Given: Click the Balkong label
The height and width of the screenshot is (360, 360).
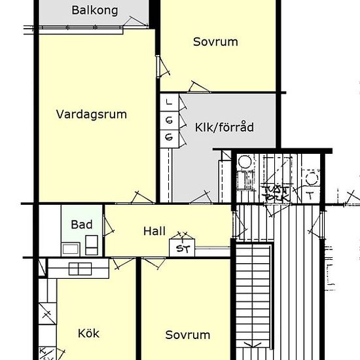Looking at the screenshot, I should click(x=95, y=10).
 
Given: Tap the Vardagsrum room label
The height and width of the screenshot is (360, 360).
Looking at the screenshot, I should click(x=91, y=115).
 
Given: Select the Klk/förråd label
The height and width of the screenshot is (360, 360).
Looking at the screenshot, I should click(x=224, y=128).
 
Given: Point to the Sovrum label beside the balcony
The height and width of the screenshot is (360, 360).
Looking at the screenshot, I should click(x=215, y=42).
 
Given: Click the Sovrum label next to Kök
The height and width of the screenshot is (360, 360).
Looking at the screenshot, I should click(x=188, y=334).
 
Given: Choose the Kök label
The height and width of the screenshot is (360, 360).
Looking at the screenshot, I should click(x=88, y=334).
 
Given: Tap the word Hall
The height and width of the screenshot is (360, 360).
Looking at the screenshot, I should click(x=154, y=231).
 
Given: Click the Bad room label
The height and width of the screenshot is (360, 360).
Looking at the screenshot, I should click(x=82, y=225).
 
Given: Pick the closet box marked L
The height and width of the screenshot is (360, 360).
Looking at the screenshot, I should click(x=170, y=102).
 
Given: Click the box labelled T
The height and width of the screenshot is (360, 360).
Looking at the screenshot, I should click(x=310, y=194).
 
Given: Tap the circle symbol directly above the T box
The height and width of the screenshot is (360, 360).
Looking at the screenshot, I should click(x=311, y=177).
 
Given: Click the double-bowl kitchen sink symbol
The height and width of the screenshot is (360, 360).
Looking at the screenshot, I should click(x=79, y=268).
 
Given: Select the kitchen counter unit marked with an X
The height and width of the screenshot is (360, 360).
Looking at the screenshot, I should click(x=46, y=315).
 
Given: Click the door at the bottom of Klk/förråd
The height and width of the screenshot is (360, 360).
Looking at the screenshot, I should click(x=201, y=196).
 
